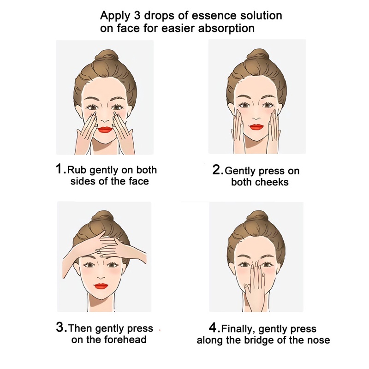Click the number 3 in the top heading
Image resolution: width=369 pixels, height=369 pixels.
tap(137, 16)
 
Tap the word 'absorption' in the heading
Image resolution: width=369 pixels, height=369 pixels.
tap(226, 29)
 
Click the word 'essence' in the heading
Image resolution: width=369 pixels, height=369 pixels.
tap(214, 16)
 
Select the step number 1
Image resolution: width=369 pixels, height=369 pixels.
tap(59, 169)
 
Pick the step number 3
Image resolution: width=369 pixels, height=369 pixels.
tap(60, 327)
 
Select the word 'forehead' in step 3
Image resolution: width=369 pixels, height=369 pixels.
tap(125, 339)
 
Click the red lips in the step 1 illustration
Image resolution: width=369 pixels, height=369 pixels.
tap(105, 130)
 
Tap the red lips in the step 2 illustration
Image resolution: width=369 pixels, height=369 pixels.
tap(256, 127)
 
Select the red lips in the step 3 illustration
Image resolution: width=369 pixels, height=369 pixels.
tap(101, 286)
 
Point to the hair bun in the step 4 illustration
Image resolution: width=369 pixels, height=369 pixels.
tap(256, 218)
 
